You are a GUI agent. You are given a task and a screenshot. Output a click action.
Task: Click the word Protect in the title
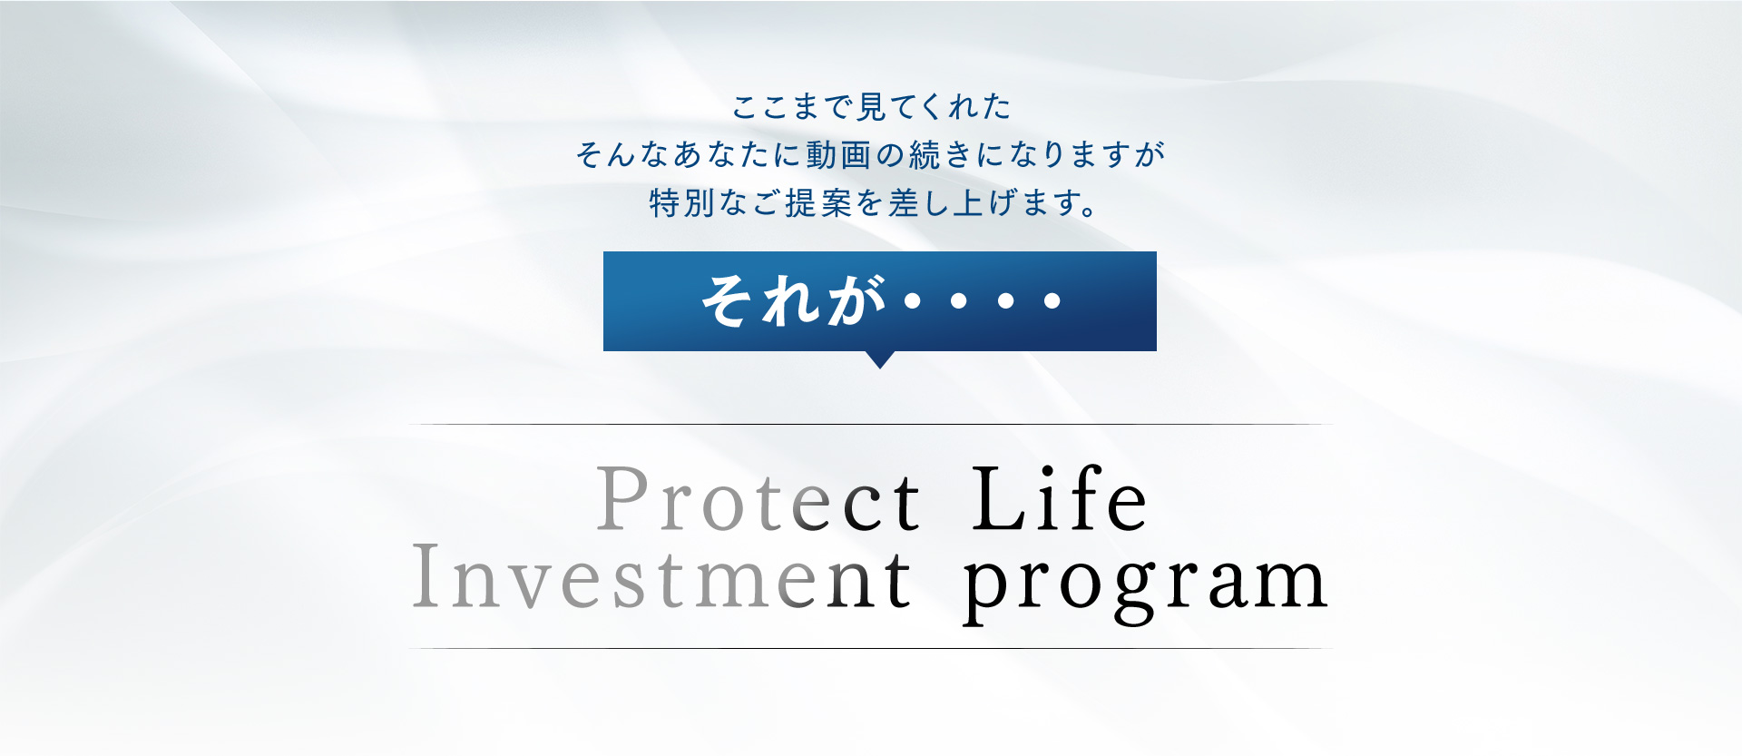(759, 499)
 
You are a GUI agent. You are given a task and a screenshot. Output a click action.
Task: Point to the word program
(1146, 585)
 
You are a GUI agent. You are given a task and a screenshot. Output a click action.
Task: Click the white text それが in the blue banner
(792, 300)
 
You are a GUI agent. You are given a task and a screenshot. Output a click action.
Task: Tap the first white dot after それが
(913, 300)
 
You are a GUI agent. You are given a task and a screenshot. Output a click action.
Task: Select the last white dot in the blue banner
(1052, 300)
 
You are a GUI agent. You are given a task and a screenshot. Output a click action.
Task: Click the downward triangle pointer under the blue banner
(879, 359)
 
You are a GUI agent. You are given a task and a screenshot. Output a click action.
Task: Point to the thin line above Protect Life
(871, 424)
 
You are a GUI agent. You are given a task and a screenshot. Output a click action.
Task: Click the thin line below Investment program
(871, 648)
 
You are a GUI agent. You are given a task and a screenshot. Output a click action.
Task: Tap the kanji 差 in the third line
(905, 202)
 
